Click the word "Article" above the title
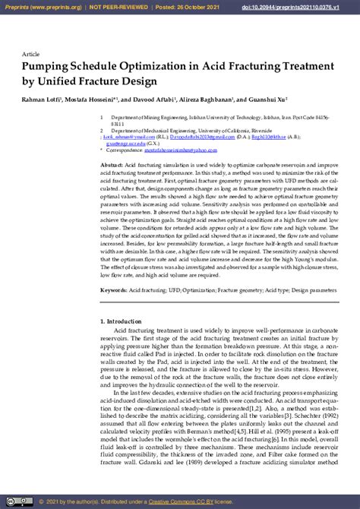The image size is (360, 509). (31, 55)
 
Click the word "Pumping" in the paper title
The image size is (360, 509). (49, 67)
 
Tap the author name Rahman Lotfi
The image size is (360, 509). (41, 100)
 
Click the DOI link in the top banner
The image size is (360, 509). (302, 6)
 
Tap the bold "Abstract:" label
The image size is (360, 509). (112, 165)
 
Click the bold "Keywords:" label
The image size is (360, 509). (114, 290)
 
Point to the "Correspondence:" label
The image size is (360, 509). (125, 150)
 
